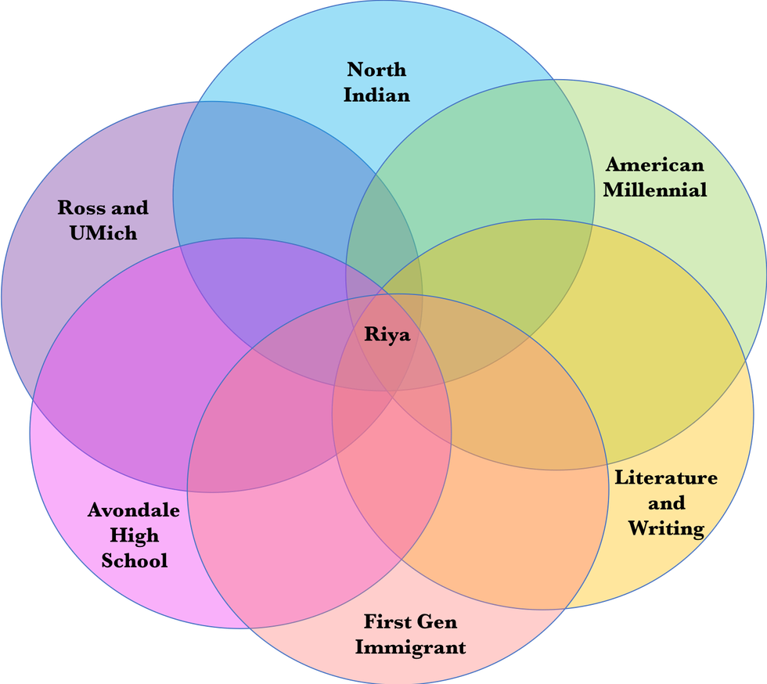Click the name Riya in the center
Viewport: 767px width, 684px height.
click(x=387, y=334)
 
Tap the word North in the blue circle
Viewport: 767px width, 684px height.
click(x=376, y=70)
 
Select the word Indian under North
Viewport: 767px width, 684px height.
click(x=376, y=95)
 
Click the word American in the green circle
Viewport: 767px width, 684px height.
click(x=654, y=165)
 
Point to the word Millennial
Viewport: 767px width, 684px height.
click(x=654, y=189)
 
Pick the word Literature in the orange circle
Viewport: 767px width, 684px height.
click(x=665, y=477)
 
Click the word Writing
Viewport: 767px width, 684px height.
click(x=665, y=528)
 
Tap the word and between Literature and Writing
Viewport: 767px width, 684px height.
click(x=666, y=502)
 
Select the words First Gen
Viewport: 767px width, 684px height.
click(x=410, y=622)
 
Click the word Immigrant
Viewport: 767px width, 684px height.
click(x=410, y=647)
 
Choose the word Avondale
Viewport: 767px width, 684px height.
click(x=133, y=511)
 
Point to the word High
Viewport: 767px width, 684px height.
click(x=134, y=536)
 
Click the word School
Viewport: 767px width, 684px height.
click(x=134, y=561)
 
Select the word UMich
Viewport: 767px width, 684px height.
click(x=103, y=232)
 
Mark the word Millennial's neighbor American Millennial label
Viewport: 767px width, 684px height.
click(x=654, y=177)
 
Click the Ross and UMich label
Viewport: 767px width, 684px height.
click(x=103, y=220)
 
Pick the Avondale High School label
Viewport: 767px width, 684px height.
click(x=134, y=536)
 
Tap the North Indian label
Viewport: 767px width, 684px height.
click(x=376, y=82)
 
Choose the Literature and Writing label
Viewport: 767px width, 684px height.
click(x=665, y=502)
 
